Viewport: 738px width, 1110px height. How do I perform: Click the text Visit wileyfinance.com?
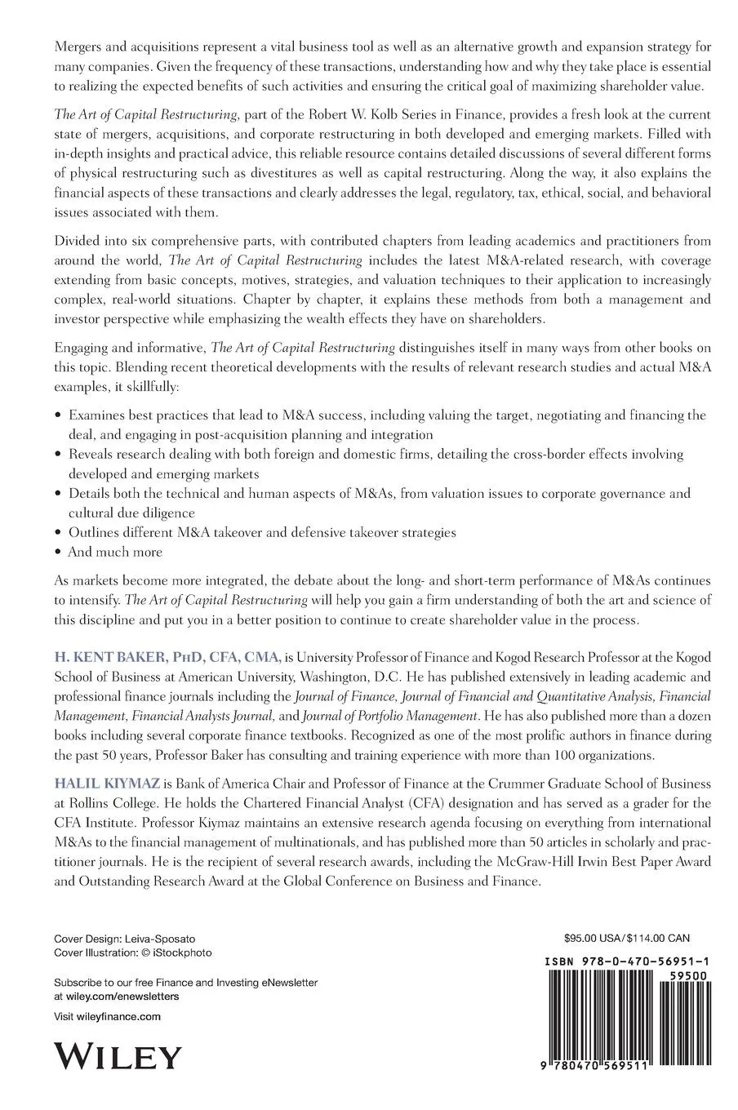coord(106,1016)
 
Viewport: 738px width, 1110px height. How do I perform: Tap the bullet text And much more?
coord(115,552)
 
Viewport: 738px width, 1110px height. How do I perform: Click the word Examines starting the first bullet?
coord(97,415)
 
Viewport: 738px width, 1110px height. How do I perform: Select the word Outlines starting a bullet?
coord(94,532)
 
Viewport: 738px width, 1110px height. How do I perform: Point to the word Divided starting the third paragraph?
coord(76,242)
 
